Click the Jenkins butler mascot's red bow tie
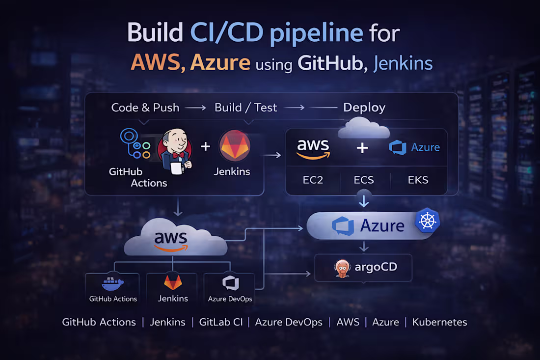click(178, 156)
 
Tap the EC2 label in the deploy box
click(313, 180)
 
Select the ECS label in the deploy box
click(364, 180)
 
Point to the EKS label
click(418, 180)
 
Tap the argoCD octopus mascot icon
click(342, 268)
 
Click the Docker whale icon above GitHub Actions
click(112, 283)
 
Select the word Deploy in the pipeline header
click(364, 108)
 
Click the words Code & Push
click(145, 108)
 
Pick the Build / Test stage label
click(246, 108)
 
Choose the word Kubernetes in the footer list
click(439, 322)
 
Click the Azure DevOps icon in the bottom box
click(230, 283)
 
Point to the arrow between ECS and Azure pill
click(364, 201)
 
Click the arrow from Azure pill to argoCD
click(364, 246)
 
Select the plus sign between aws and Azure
click(362, 147)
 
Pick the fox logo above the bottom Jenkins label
click(173, 282)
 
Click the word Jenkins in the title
click(403, 64)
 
